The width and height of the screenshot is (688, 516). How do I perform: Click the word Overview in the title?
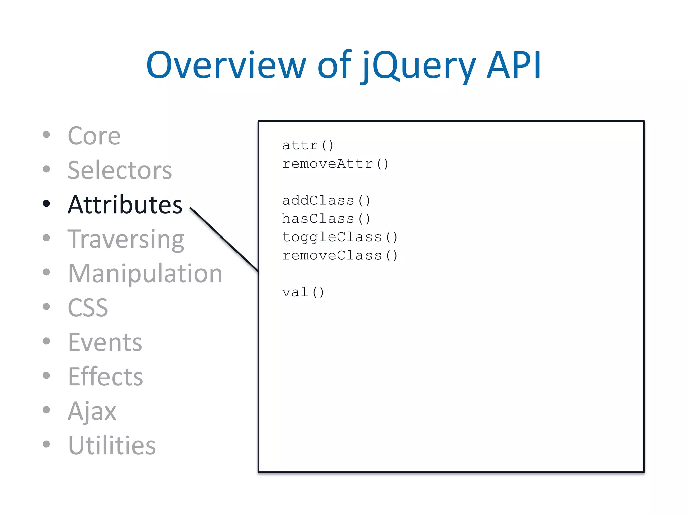point(226,65)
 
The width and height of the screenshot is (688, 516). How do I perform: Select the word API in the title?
point(514,65)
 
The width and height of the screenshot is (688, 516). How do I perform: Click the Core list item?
point(94,136)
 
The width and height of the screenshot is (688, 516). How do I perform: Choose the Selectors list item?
point(119,170)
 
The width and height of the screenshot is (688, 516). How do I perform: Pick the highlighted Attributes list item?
point(125,205)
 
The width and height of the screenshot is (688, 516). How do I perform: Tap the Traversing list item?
point(126,239)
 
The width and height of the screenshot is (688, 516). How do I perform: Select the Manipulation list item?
point(145,273)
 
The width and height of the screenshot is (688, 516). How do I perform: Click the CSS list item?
point(88,308)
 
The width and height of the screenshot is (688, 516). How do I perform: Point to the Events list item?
point(105,342)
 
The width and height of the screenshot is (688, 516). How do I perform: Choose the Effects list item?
point(105,377)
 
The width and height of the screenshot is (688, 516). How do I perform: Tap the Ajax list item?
point(92,411)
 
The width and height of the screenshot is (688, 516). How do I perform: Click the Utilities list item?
point(112,445)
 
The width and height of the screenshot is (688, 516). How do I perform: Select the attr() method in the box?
point(308,145)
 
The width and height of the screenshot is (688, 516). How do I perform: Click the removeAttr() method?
point(335,164)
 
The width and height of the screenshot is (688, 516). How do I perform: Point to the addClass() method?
point(326,201)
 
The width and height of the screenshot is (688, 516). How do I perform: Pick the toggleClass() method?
point(340,237)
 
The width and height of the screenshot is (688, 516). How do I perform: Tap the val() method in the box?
point(303,292)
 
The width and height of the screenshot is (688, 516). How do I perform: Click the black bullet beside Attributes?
point(46,203)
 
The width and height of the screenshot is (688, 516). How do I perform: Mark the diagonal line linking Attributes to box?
point(224,240)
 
